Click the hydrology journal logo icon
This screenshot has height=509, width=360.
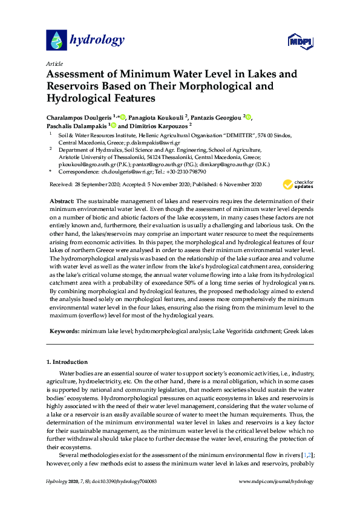pos(56,40)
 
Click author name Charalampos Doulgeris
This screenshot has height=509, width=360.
pos(78,116)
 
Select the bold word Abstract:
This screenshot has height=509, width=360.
pos(61,200)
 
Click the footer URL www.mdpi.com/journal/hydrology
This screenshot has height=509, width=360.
pos(277,482)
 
